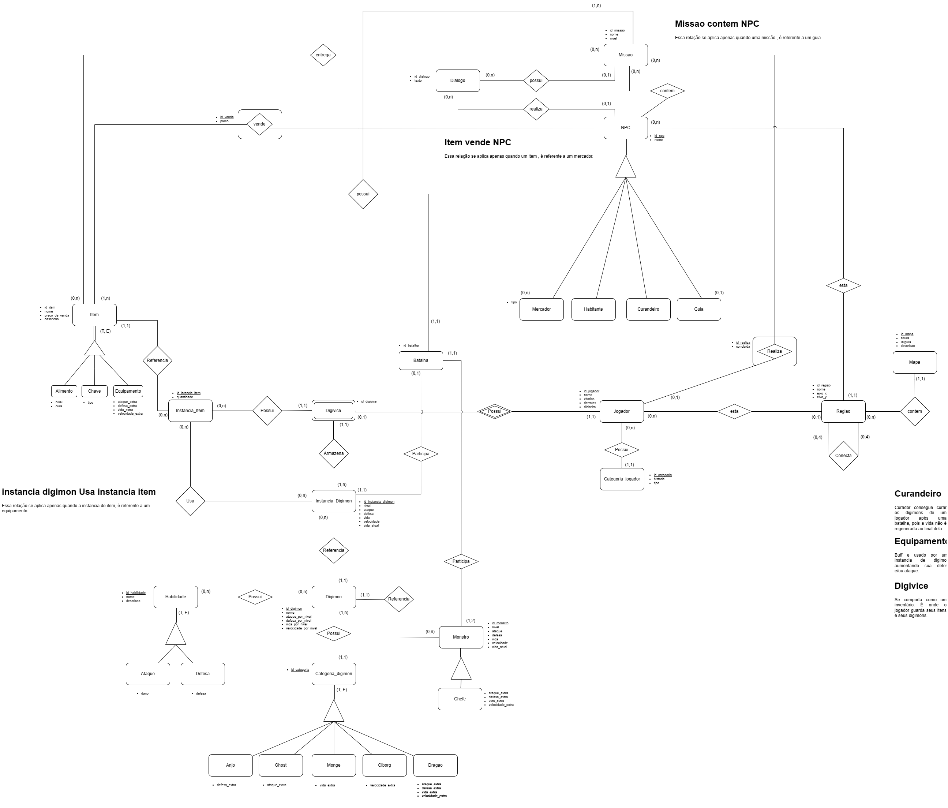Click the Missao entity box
point(625,55)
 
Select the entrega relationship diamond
point(323,55)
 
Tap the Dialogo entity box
point(457,81)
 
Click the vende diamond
point(259,124)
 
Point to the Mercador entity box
point(541,309)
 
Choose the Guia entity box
point(698,309)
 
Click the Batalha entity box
point(420,360)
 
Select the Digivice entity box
point(333,411)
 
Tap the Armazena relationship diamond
point(334,453)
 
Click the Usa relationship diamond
point(190,501)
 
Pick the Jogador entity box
point(621,411)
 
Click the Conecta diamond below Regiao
point(843,456)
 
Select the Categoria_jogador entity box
point(622,479)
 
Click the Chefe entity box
point(460,699)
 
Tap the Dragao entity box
point(435,765)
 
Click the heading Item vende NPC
point(478,142)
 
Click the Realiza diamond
point(774,351)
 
